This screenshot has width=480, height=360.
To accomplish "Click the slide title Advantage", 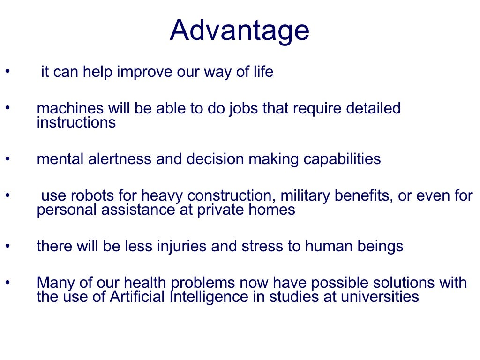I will point(240,30).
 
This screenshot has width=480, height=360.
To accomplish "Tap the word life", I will point(263,73).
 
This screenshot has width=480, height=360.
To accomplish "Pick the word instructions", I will point(76,123).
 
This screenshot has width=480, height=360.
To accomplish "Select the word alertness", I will point(120,159).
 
